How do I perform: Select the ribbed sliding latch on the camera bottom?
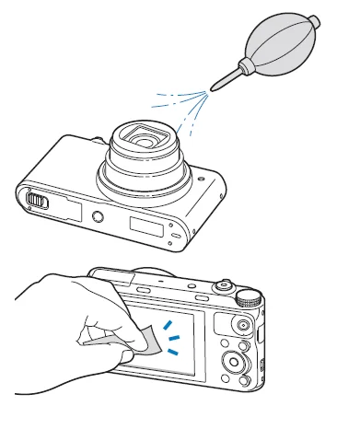pyautogui.click(x=34, y=199)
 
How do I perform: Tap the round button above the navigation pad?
pyautogui.click(x=242, y=326)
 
